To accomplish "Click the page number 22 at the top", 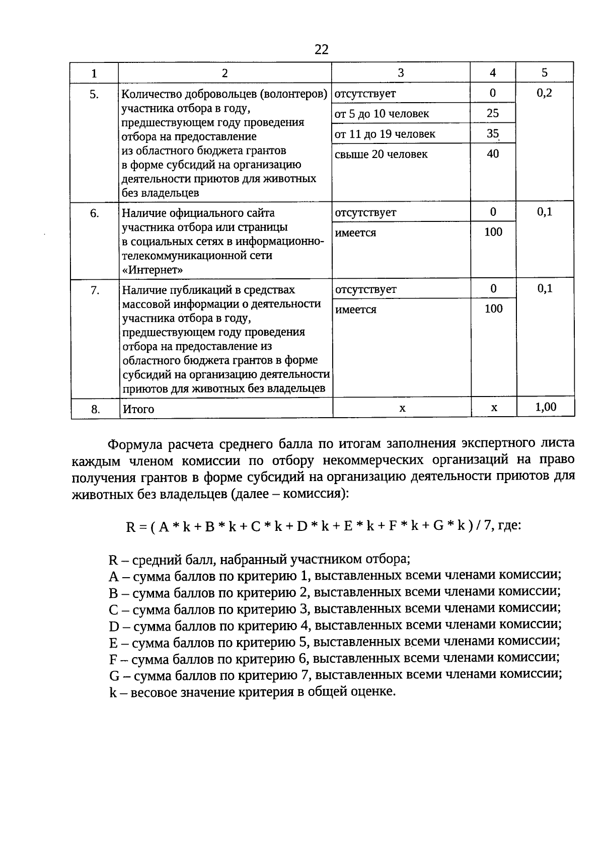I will [x=321, y=49].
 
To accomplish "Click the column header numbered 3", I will [x=401, y=73].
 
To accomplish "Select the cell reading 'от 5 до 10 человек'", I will [x=382, y=114].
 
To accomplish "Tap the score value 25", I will [x=493, y=113].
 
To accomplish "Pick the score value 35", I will [x=493, y=133].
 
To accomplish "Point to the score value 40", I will [x=493, y=153].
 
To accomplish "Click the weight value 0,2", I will [x=545, y=93].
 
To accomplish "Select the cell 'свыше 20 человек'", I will [x=381, y=154].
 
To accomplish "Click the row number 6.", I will [x=95, y=213].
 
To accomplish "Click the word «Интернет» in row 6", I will [x=153, y=270].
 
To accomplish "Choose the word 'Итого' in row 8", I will [x=138, y=409].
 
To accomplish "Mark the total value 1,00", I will [x=546, y=407].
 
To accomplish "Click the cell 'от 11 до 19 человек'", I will [x=385, y=134].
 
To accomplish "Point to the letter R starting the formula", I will [x=130, y=527].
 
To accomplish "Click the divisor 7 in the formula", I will [x=487, y=526].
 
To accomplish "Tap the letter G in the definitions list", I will [x=114, y=675].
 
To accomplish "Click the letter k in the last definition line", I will [x=112, y=692].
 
